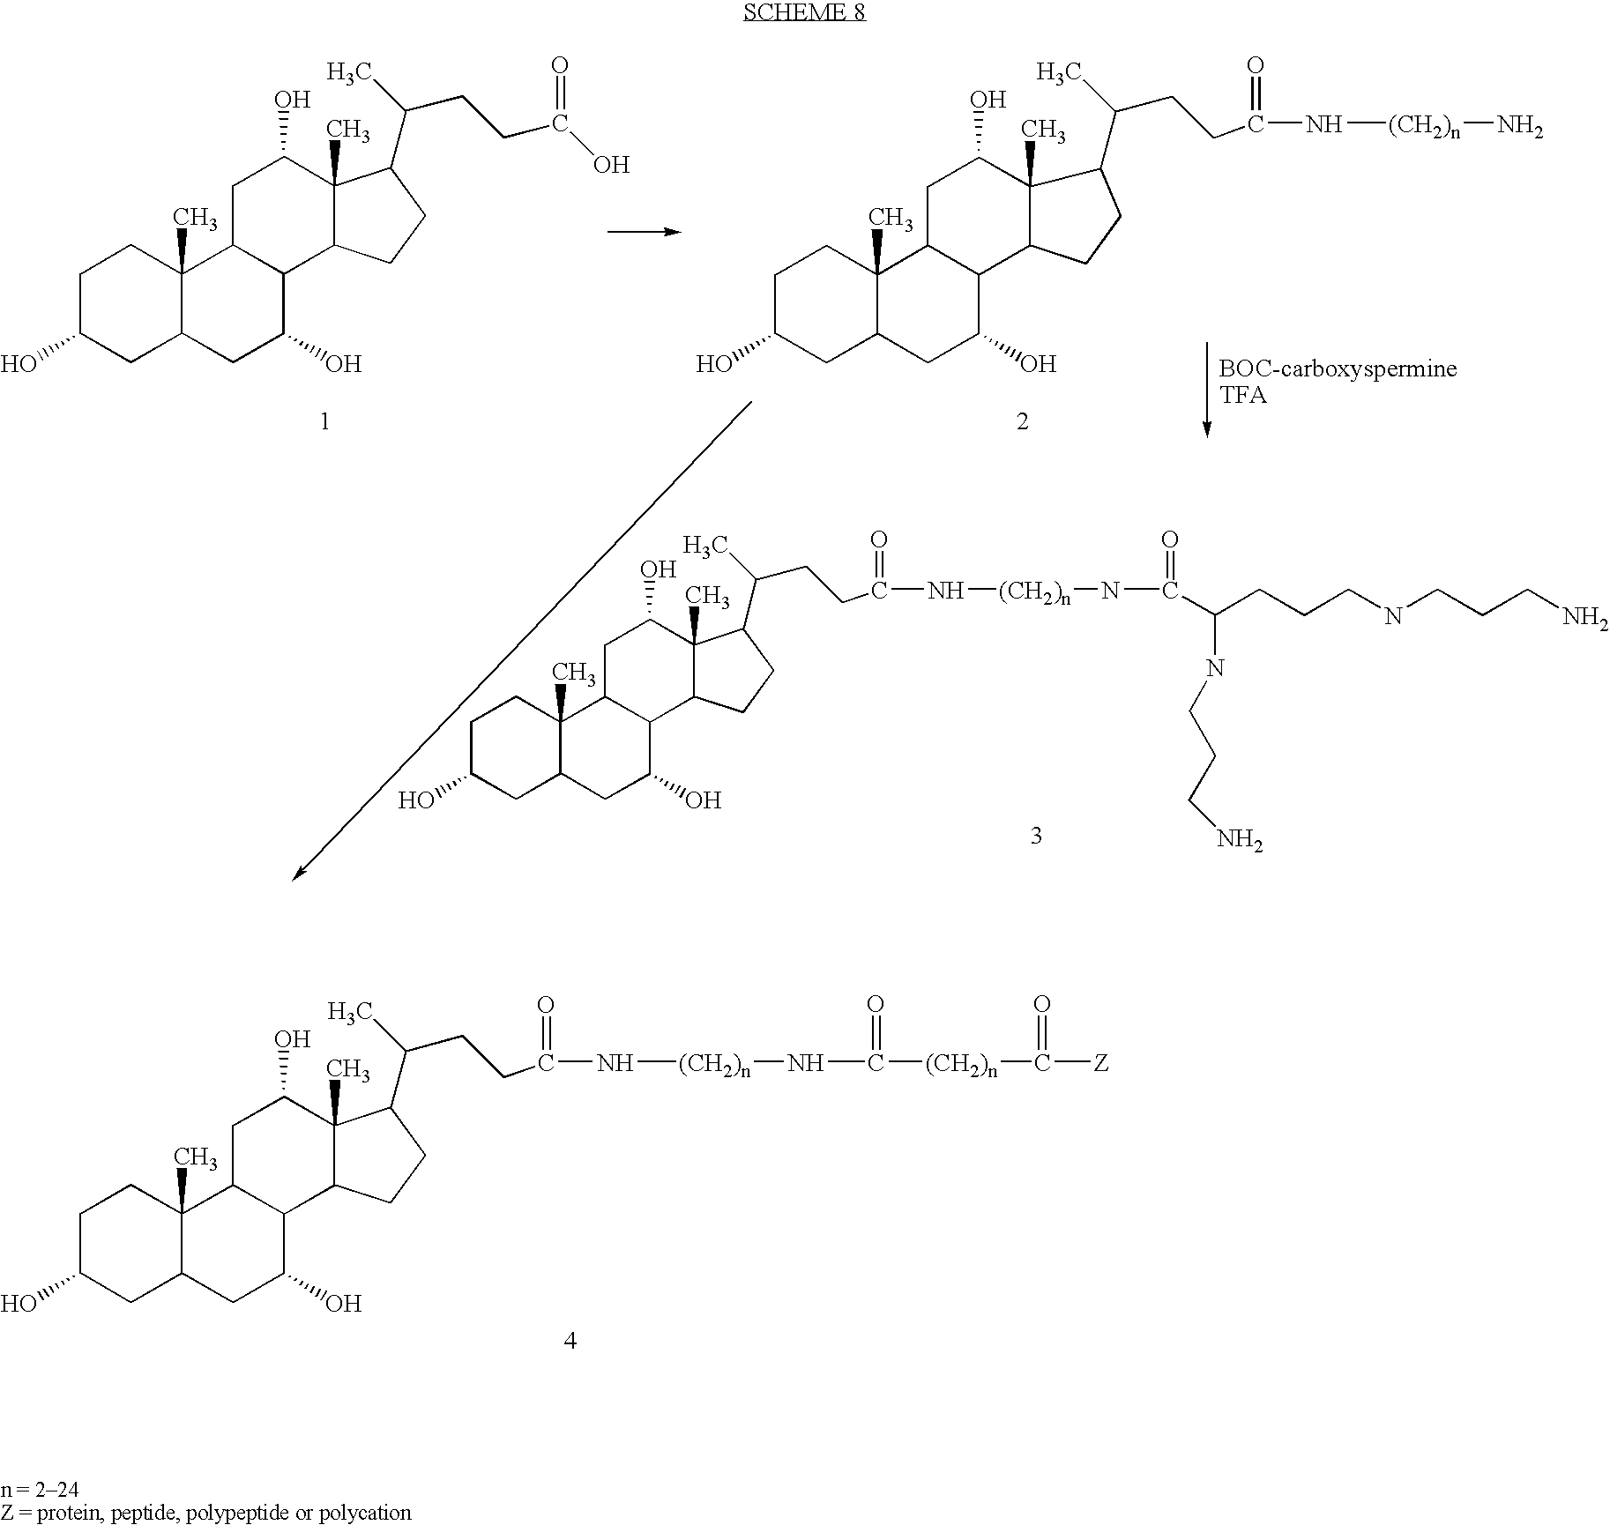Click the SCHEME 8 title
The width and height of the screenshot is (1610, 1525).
pyautogui.click(x=804, y=12)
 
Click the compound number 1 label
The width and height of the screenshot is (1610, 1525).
pyautogui.click(x=324, y=422)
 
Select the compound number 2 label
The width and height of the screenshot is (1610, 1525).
pyautogui.click(x=1022, y=422)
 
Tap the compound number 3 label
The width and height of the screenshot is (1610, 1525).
pyautogui.click(x=1036, y=835)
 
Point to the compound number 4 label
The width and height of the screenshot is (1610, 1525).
pyautogui.click(x=570, y=1341)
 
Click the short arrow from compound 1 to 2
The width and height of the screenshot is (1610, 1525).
pyautogui.click(x=645, y=232)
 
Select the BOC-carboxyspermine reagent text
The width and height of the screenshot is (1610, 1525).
pyautogui.click(x=1338, y=368)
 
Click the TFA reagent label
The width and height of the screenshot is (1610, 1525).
pyautogui.click(x=1242, y=395)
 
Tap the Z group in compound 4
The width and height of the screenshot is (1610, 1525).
pyautogui.click(x=1100, y=1064)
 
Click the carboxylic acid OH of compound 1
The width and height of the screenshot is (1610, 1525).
pyautogui.click(x=611, y=165)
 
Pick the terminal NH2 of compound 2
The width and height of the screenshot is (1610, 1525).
pyautogui.click(x=1521, y=128)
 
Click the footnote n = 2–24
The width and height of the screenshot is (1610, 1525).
pyautogui.click(x=40, y=1490)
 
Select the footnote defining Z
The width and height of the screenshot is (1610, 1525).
pyautogui.click(x=206, y=1513)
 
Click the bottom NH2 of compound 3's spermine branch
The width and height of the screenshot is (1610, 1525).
pyautogui.click(x=1240, y=840)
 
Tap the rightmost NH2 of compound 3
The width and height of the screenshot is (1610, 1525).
pyautogui.click(x=1585, y=618)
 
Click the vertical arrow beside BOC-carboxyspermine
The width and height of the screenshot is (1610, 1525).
pyautogui.click(x=1206, y=390)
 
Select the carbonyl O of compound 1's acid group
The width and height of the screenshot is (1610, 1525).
pyautogui.click(x=559, y=66)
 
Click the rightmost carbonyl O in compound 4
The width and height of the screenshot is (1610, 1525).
pyautogui.click(x=1041, y=1004)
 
